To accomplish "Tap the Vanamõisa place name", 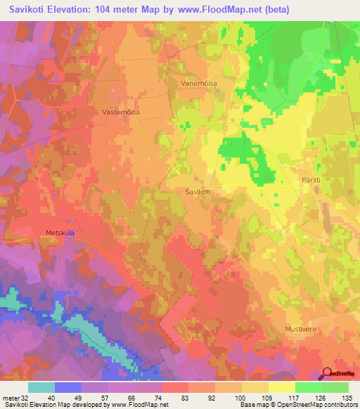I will pos(200,81).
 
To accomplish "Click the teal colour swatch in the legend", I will pos(41,387).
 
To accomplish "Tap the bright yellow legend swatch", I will pos(282,387).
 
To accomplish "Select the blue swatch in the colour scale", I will pos(67,387).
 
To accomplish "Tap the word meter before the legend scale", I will pos(11,398).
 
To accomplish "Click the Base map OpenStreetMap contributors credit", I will pos(299,405).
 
